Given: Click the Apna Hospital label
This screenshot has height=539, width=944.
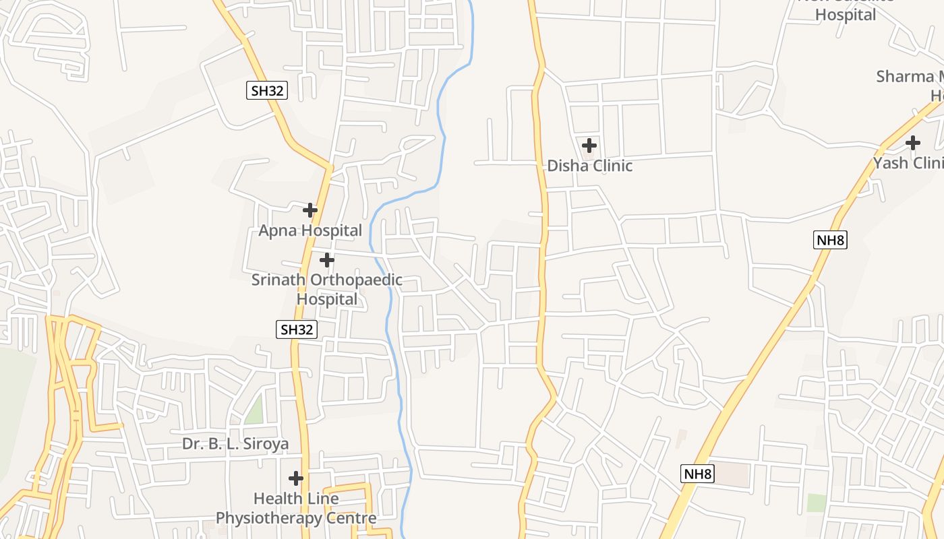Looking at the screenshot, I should [x=310, y=230].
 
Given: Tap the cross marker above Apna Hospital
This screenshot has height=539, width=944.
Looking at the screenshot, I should [x=310, y=210].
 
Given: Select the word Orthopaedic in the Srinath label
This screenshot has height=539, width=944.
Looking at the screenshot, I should [x=355, y=280].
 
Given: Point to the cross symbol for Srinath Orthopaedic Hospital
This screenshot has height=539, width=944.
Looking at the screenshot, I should [x=327, y=259].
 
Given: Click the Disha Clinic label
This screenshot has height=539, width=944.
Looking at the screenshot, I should [x=589, y=166].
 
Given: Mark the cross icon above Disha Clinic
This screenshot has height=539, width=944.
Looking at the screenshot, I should [x=589, y=145].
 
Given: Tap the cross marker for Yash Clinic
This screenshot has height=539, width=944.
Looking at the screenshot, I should [x=913, y=143].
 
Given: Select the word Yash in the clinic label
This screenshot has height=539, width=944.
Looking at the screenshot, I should [x=890, y=163].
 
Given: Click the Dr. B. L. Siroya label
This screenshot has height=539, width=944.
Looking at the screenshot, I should [x=235, y=444].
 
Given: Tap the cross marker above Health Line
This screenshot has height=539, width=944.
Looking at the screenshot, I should [x=296, y=478].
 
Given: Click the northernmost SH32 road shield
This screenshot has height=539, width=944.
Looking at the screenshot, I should [x=266, y=91].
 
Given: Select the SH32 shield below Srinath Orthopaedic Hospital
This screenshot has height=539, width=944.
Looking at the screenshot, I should [x=297, y=329].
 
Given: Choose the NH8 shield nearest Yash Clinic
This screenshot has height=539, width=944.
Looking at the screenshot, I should [x=830, y=240].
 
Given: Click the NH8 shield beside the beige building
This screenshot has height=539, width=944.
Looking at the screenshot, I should [x=697, y=474].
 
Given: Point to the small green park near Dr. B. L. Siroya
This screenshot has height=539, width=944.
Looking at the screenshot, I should [x=254, y=410].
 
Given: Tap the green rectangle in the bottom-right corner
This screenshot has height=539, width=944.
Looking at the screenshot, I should [x=817, y=503].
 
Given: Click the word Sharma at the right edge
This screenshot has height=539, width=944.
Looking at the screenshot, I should [x=904, y=76].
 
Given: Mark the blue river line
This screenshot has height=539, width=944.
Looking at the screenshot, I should [x=389, y=310].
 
